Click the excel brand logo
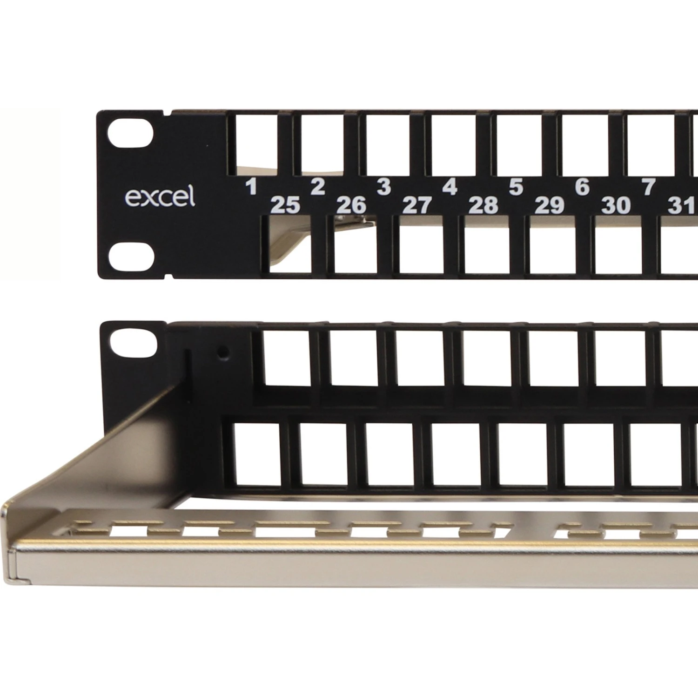(160, 197)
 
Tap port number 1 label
(251, 187)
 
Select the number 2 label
(317, 187)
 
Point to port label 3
(383, 187)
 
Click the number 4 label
(450, 187)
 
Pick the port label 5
(516, 187)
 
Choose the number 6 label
(582, 187)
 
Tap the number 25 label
(285, 205)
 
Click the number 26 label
(351, 205)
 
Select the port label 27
(417, 205)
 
